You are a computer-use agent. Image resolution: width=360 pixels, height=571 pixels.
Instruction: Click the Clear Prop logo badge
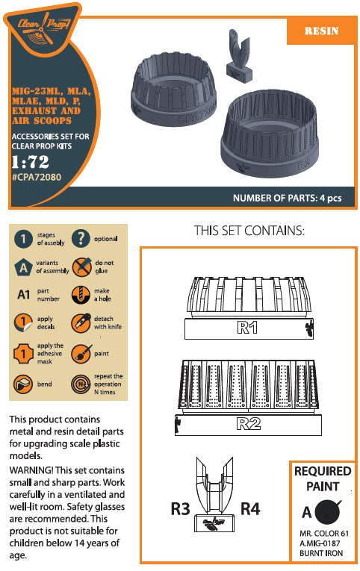pyautogui.click(x=43, y=30)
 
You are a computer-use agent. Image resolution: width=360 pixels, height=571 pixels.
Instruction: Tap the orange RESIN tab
pyautogui.click(x=321, y=31)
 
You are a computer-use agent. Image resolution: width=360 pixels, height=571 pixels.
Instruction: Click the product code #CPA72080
pyautogui.click(x=37, y=178)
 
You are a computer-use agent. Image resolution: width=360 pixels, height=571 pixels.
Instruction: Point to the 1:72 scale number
pyautogui.click(x=30, y=162)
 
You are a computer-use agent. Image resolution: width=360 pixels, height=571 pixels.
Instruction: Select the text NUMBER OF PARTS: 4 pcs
pyautogui.click(x=287, y=198)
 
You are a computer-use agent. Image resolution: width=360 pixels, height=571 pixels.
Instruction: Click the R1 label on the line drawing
pyautogui.click(x=247, y=328)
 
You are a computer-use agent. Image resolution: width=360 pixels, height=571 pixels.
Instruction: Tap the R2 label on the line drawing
pyautogui.click(x=249, y=423)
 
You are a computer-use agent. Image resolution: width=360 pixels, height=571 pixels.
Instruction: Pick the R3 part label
pyautogui.click(x=180, y=509)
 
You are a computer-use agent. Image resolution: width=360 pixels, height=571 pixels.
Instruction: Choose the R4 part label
pyautogui.click(x=250, y=509)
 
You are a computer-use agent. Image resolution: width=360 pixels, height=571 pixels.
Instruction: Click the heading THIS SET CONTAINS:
pyautogui.click(x=249, y=231)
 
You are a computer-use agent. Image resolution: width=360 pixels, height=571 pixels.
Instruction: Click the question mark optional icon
pyautogui.click(x=81, y=239)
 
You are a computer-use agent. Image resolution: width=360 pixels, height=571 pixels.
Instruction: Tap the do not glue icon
pyautogui.click(x=81, y=266)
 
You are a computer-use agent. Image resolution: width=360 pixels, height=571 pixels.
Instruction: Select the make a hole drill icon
pyautogui.click(x=81, y=295)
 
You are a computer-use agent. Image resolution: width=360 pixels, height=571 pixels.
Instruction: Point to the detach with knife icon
pyautogui.click(x=81, y=322)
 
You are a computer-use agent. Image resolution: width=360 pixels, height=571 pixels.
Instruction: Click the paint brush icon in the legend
pyautogui.click(x=81, y=354)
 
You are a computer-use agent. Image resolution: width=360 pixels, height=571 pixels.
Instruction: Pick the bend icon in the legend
pyautogui.click(x=23, y=384)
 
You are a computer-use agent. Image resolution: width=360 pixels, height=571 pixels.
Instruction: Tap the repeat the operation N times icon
pyautogui.click(x=81, y=384)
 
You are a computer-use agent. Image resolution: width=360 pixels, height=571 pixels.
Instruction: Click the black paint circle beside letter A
pyautogui.click(x=328, y=512)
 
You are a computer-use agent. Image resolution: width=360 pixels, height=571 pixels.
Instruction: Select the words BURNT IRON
pyautogui.click(x=321, y=553)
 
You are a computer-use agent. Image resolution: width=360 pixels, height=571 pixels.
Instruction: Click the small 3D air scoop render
pyautogui.click(x=239, y=57)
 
